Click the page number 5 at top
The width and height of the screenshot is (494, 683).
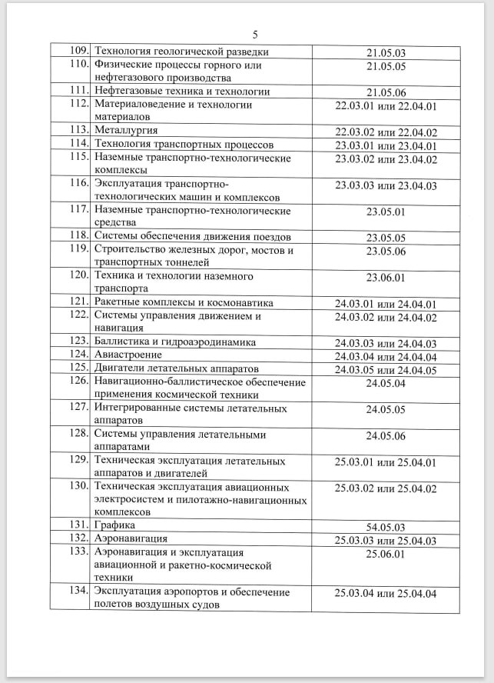point(255,35)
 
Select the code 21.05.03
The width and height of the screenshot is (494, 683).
point(386,53)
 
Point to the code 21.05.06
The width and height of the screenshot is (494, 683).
point(386,92)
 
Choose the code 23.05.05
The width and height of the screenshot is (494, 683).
point(386,237)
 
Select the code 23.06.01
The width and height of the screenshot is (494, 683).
point(386,278)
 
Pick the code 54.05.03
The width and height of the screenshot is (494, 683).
point(386,526)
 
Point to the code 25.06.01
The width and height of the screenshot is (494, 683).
point(386,553)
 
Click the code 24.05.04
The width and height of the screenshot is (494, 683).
point(386,382)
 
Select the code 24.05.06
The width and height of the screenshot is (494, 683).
point(386,435)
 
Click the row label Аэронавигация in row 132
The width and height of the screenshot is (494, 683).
point(131,538)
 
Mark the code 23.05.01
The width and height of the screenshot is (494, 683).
point(386,212)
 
